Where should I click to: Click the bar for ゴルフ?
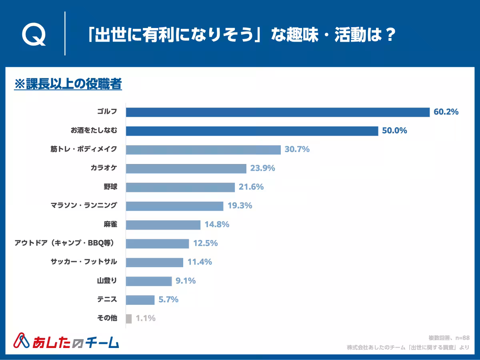[278, 112]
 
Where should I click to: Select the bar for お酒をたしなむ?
[252, 131]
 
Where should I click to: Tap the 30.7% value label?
[297, 150]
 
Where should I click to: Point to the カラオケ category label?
[104, 168]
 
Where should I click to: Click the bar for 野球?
[180, 187]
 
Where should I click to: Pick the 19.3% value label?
[240, 206]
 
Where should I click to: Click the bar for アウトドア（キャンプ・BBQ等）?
[157, 243]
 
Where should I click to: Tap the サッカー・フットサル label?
[84, 262]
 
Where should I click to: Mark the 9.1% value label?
[186, 281]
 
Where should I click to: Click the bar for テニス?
[140, 300]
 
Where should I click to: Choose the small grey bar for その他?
[128, 318]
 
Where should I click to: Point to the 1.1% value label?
[146, 318]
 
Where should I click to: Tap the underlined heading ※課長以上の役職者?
[68, 84]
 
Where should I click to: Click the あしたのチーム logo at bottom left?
[66, 341]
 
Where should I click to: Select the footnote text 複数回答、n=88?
[448, 338]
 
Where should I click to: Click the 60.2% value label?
[446, 112]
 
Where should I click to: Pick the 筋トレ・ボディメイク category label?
[84, 150]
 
